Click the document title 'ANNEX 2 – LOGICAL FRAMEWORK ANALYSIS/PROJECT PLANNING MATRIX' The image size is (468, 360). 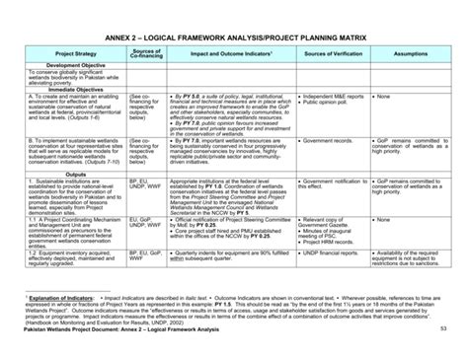[x=234, y=34]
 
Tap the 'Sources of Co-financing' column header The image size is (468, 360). [x=144, y=54]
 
